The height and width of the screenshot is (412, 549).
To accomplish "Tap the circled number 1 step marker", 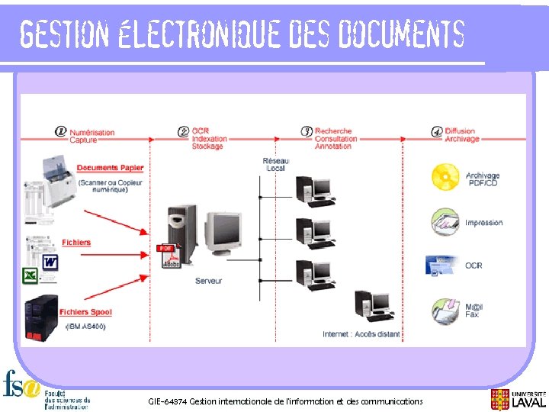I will coord(60,131).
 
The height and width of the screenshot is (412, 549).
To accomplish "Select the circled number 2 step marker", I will coord(183,131).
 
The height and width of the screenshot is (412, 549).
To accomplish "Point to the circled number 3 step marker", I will coord(307,131).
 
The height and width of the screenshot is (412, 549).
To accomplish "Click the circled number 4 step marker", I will coord(437,131).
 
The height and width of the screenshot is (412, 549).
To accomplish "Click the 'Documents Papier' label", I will coord(110,168).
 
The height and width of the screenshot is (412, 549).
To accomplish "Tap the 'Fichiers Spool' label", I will coord(85,312).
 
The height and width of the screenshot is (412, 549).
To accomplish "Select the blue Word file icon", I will coord(50,262).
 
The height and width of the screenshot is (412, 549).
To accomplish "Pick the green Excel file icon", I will coord(30,274).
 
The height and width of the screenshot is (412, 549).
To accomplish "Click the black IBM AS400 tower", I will coord(41,317).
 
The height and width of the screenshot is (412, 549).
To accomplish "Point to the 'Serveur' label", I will coord(208,281).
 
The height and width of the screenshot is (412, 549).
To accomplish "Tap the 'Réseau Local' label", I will coord(275,164).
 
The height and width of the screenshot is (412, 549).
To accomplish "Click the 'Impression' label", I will coord(483,223).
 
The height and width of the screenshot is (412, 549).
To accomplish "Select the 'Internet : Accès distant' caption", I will coord(361,334).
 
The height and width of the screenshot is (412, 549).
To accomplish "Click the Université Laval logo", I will coord(518,398).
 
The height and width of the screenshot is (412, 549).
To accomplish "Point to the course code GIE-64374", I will coord(167,401).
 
